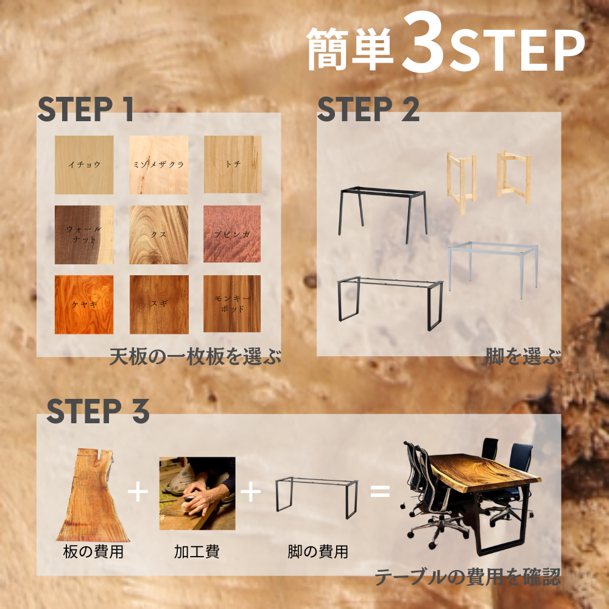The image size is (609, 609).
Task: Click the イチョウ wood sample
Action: coord(84,164)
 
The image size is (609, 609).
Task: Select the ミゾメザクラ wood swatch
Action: coord(158,164)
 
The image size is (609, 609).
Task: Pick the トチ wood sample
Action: coord(232,164)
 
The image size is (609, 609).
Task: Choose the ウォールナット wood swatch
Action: coord(84,234)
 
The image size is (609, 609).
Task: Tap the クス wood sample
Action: coord(158,234)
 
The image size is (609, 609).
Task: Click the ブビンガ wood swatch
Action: coord(232,234)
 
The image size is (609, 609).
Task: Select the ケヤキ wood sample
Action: coord(84,304)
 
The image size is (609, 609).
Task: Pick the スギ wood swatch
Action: coord(159,304)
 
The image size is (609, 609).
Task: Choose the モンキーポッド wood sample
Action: coord(232,304)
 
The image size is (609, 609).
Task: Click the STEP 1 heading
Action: coord(86,109)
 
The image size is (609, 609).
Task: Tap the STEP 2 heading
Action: coord(368,109)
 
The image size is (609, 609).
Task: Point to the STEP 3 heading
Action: coord(98,411)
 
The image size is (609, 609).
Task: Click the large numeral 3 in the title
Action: coord(423,43)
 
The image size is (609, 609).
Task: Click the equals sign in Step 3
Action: coord(380,491)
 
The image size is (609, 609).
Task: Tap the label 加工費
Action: coord(197,552)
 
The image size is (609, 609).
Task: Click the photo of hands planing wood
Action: coord(197,493)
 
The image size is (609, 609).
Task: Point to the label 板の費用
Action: coord(93,552)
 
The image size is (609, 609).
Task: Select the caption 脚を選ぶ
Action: coord(523,356)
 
